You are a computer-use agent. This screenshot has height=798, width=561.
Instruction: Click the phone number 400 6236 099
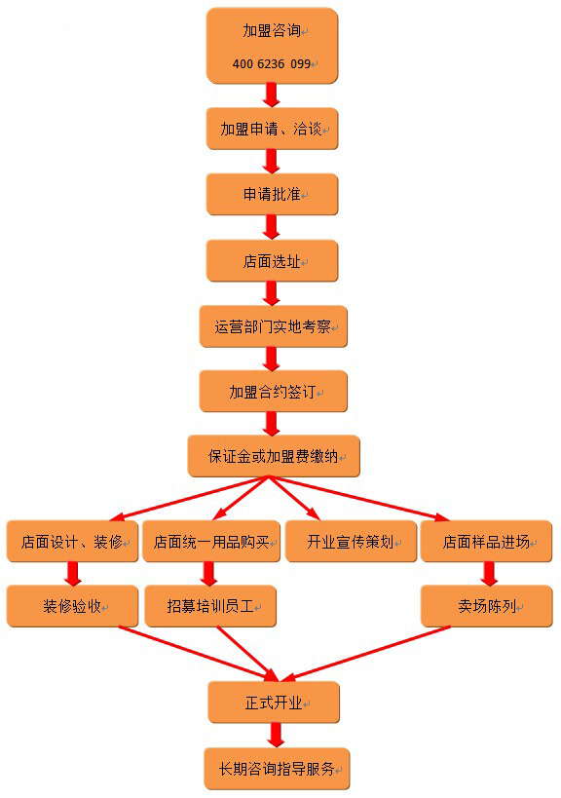pyautogui.click(x=272, y=63)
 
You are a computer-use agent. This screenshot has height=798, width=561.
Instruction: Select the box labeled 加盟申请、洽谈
pyautogui.click(x=272, y=129)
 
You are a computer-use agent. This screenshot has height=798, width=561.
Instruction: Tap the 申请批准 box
pyautogui.click(x=272, y=194)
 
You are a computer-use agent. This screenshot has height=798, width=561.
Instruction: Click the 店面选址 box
pyautogui.click(x=272, y=260)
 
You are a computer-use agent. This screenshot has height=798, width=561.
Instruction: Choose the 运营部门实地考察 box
pyautogui.click(x=273, y=326)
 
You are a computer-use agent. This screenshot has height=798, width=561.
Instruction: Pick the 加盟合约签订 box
pyautogui.click(x=273, y=392)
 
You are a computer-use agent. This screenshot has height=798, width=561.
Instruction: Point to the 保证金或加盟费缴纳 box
pyautogui.click(x=274, y=456)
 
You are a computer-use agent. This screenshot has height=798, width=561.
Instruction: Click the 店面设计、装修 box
pyautogui.click(x=72, y=541)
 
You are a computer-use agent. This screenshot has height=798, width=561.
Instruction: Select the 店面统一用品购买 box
pyautogui.click(x=211, y=541)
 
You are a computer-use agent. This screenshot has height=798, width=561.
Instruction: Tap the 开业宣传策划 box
pyautogui.click(x=351, y=541)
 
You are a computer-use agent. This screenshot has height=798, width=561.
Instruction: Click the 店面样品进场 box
pyautogui.click(x=486, y=541)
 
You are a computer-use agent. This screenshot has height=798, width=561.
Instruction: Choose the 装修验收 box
pyautogui.click(x=72, y=606)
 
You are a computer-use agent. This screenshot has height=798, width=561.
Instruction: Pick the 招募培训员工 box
pyautogui.click(x=210, y=606)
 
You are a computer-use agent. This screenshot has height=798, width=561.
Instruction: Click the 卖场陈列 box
pyautogui.click(x=487, y=606)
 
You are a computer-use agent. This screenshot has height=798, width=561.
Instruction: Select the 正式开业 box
pyautogui.click(x=274, y=703)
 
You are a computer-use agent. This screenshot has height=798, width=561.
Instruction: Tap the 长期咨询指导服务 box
pyautogui.click(x=278, y=769)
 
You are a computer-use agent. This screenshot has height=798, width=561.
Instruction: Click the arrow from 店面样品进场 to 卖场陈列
pyautogui.click(x=489, y=574)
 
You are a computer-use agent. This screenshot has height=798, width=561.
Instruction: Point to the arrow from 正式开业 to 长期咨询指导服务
pyautogui.click(x=276, y=735)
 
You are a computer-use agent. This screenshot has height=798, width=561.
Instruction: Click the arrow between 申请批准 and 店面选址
pyautogui.click(x=272, y=227)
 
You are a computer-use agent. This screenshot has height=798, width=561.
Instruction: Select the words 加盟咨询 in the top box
pyautogui.click(x=272, y=31)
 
